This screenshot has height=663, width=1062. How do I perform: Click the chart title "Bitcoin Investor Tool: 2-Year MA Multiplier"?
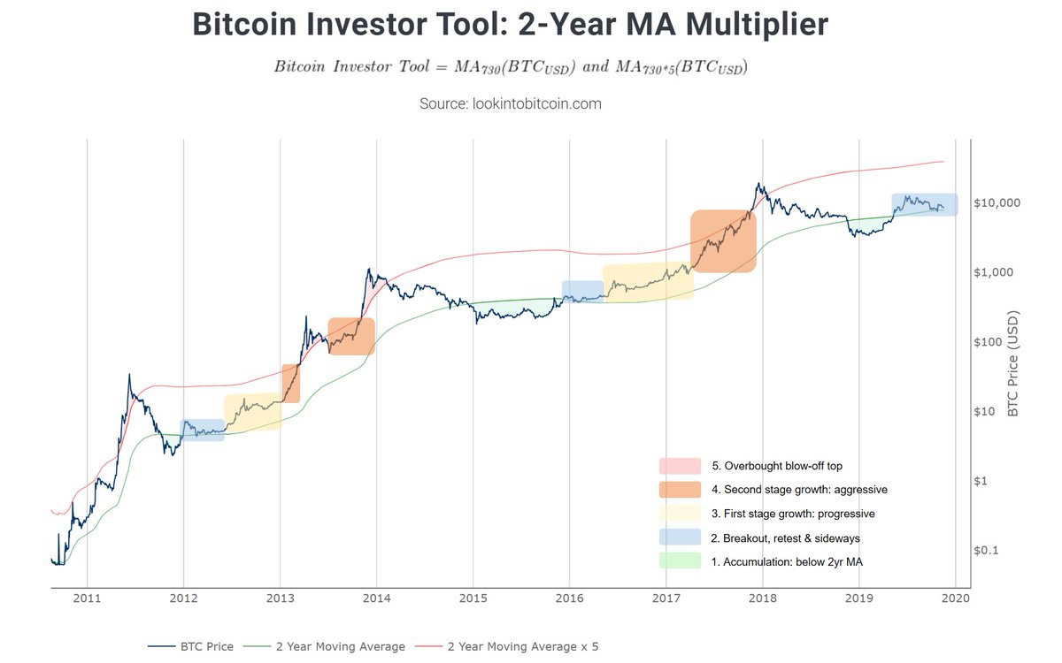tap(510, 25)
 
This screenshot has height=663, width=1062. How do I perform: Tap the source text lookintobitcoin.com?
tap(510, 103)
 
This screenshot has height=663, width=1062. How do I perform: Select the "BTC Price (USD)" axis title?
tap(1013, 363)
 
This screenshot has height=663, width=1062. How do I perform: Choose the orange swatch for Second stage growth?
tap(679, 490)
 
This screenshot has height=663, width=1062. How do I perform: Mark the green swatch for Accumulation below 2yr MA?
tap(679, 561)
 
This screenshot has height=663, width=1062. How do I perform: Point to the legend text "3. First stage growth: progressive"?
tap(793, 514)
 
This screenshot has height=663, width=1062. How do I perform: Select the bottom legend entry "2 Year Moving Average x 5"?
tap(522, 647)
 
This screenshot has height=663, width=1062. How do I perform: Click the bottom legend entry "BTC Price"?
tap(204, 647)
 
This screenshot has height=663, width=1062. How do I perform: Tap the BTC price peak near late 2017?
tap(758, 185)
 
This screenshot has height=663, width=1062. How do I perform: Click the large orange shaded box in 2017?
tap(723, 240)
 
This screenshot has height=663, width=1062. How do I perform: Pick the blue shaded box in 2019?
tap(924, 204)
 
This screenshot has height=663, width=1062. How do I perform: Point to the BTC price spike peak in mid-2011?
tap(129, 375)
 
